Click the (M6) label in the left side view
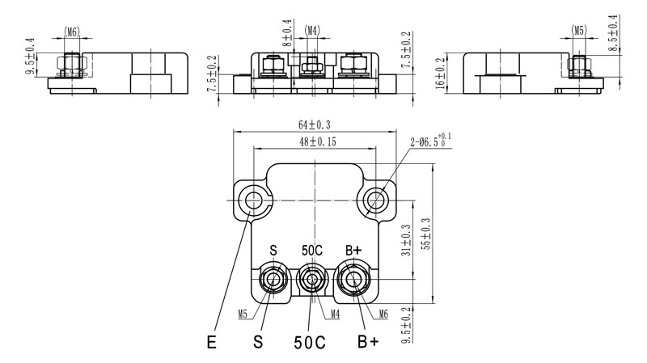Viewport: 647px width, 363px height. tap(71, 32)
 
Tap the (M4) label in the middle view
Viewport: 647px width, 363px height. tap(312, 32)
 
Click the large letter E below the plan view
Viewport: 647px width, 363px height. tap(211, 342)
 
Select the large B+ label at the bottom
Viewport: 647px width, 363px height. tap(368, 342)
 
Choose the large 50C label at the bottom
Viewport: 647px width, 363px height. tap(309, 342)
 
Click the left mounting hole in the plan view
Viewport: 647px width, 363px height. tap(255, 199)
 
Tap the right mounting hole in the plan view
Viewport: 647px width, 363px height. tap(376, 199)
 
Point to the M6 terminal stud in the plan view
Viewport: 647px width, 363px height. tap(353, 281)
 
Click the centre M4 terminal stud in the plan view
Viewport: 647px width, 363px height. tap(311, 281)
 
